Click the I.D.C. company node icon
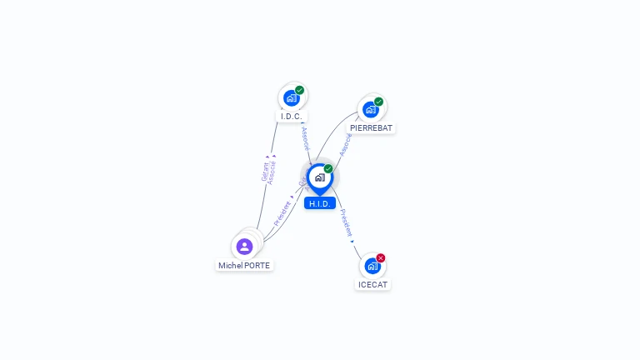click(291, 97)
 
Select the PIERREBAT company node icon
click(371, 109)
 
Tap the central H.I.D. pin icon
click(319, 177)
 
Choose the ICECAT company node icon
click(372, 266)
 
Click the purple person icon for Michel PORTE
click(244, 246)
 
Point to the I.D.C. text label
click(291, 117)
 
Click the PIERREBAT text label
click(371, 128)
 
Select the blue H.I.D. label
click(320, 203)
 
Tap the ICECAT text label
click(372, 284)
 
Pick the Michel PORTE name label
click(244, 265)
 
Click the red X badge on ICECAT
click(381, 257)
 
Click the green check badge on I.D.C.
click(299, 90)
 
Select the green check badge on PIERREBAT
click(379, 102)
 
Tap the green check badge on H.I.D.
click(328, 168)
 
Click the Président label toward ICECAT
click(346, 222)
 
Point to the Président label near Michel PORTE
click(282, 213)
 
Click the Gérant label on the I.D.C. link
click(265, 171)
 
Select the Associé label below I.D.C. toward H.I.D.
click(305, 138)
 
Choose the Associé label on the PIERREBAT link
click(345, 144)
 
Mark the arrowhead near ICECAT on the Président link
click(352, 242)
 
